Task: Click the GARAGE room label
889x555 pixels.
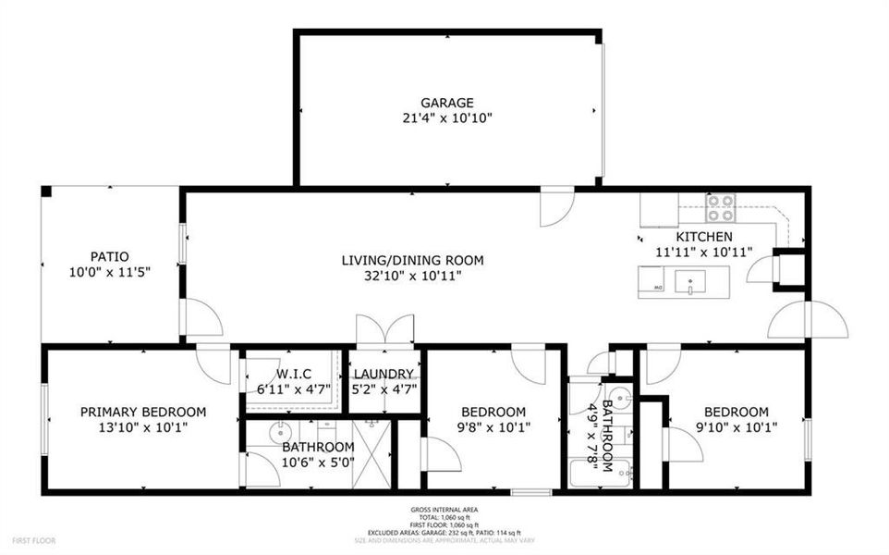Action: (x=447, y=103)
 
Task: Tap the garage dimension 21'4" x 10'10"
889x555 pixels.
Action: (x=447, y=117)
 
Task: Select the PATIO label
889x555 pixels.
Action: (x=109, y=256)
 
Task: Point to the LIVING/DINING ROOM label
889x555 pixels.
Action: (x=412, y=260)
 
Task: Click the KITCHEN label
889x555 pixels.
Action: (x=705, y=236)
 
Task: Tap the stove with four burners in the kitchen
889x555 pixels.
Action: (x=720, y=207)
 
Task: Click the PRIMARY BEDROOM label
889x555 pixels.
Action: (x=143, y=412)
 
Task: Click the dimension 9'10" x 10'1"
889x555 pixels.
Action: (x=736, y=427)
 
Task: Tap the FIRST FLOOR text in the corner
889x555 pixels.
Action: (x=34, y=539)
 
